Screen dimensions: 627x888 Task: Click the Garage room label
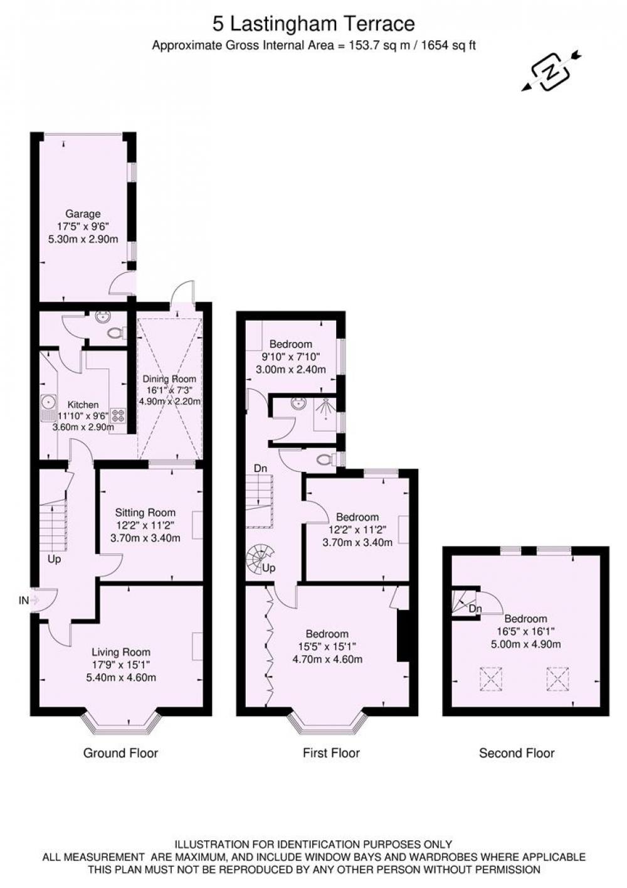point(83,214)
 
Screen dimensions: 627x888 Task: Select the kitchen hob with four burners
point(118,415)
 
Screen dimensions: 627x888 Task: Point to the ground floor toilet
point(117,333)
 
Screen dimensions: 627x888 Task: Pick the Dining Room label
point(169,378)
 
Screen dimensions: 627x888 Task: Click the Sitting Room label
point(145,513)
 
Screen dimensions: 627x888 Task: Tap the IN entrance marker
point(24,601)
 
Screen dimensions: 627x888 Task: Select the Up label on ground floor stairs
point(55,559)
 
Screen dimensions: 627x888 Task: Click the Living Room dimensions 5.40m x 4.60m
point(121,678)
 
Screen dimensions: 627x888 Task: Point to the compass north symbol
point(551,72)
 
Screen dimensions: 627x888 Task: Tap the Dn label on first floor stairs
point(260,468)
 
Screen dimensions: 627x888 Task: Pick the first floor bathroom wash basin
point(297,404)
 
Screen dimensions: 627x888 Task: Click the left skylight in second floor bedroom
point(491,679)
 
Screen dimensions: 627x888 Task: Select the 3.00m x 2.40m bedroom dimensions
point(291,370)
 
